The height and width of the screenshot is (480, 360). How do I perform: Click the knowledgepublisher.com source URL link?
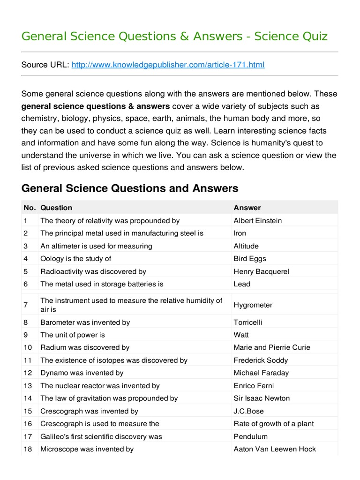click(x=168, y=65)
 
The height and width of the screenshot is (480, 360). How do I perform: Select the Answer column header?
click(x=247, y=208)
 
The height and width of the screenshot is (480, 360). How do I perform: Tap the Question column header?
click(x=56, y=208)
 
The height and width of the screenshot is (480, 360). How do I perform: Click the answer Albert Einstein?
click(x=257, y=220)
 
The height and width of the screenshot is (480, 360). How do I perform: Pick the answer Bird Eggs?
click(x=250, y=258)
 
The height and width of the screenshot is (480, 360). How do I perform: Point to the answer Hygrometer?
click(x=253, y=305)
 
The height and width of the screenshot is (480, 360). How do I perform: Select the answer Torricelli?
click(x=247, y=322)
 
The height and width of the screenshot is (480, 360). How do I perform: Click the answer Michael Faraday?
click(x=261, y=373)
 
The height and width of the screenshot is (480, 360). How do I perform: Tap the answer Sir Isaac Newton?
click(x=262, y=398)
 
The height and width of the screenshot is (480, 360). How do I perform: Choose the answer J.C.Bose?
click(x=248, y=411)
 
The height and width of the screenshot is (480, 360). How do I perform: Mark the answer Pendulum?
click(x=250, y=436)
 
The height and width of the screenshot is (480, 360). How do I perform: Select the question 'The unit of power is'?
click(x=73, y=335)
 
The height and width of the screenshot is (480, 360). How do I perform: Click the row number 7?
click(x=25, y=305)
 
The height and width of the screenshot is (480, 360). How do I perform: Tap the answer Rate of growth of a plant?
click(x=274, y=424)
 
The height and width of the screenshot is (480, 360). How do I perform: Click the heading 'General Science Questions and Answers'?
click(x=130, y=188)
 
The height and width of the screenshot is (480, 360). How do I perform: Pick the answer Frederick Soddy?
click(x=261, y=360)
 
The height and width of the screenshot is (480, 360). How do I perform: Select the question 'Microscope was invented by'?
click(x=87, y=449)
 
